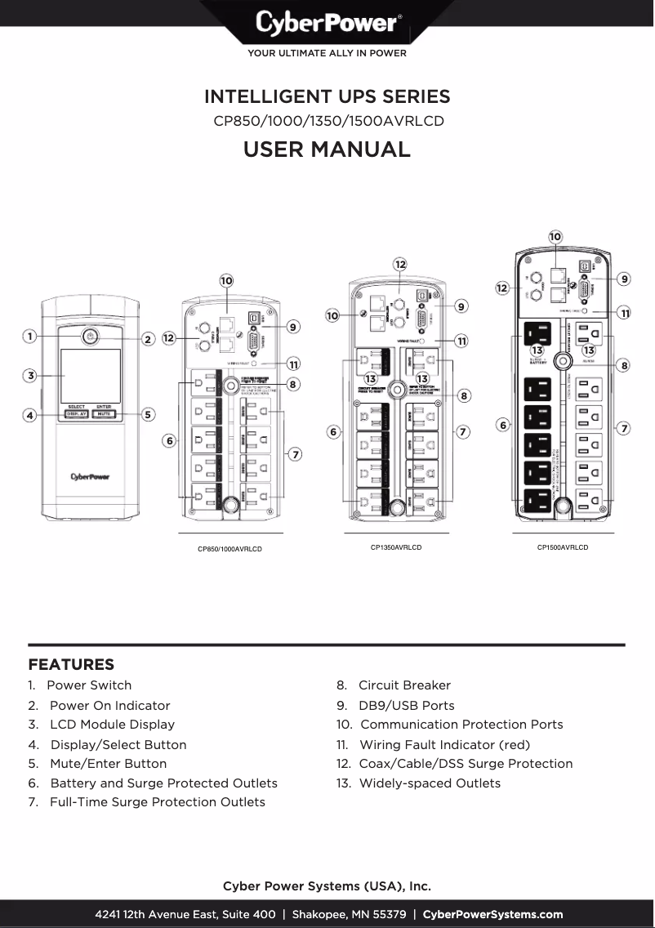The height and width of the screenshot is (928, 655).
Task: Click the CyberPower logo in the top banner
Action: (327, 23)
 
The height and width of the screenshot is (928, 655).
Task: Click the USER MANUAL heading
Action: (327, 149)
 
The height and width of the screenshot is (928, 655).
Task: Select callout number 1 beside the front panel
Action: (29, 336)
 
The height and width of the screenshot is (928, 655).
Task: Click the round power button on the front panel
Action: (90, 336)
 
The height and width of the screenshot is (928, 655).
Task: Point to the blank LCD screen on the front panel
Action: (90, 374)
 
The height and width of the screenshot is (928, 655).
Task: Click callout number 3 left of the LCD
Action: (29, 376)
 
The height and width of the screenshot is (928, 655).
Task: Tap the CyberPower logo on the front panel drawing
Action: (90, 477)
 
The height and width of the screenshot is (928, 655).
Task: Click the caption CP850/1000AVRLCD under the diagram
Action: (229, 549)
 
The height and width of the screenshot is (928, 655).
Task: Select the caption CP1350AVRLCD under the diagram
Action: (396, 547)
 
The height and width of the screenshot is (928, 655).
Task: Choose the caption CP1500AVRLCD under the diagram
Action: (562, 547)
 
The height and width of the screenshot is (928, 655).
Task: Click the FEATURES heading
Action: (71, 665)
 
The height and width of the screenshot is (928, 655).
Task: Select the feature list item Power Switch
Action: (88, 685)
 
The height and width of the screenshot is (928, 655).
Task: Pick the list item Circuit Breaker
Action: (404, 685)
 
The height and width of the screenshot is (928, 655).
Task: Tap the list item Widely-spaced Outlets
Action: (430, 783)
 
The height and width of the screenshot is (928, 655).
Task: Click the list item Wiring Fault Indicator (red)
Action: (444, 745)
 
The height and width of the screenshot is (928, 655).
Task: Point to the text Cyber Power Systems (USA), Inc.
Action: (327, 886)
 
